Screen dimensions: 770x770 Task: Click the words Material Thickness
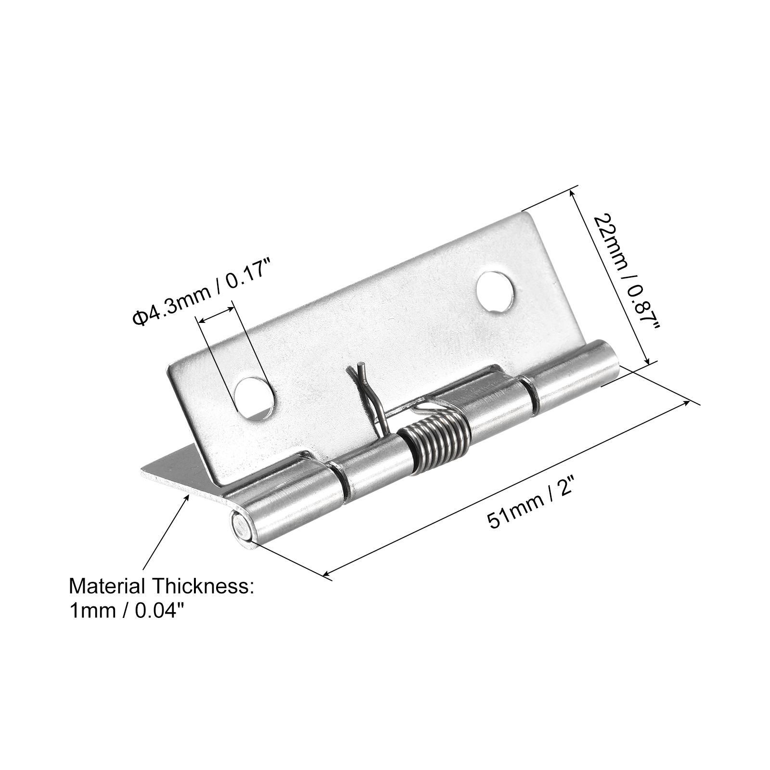point(161,587)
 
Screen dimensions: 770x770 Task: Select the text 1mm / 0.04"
point(127,611)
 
